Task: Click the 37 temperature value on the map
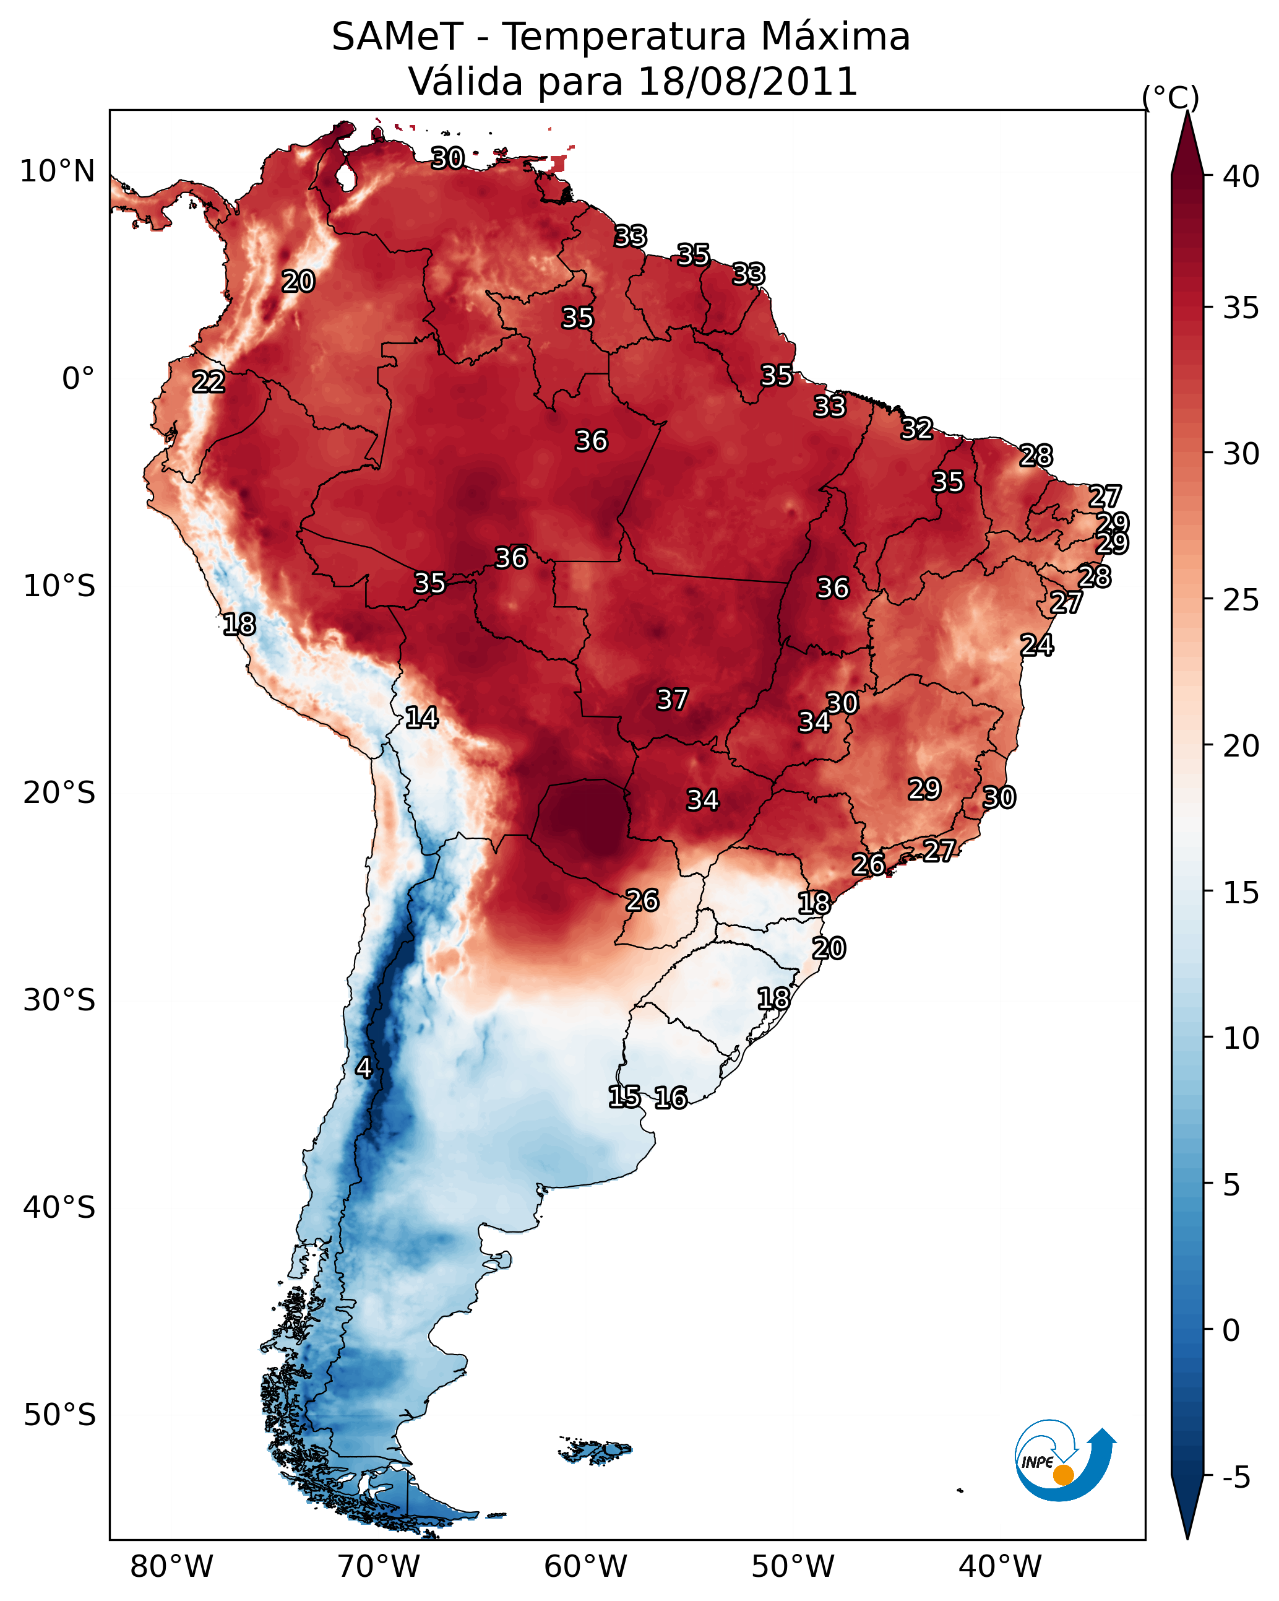pos(673,700)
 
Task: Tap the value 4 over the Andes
pos(363,1068)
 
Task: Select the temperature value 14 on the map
pos(421,718)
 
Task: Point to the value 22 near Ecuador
pos(209,382)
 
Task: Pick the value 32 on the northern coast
pos(917,428)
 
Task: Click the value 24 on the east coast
pos(1037,645)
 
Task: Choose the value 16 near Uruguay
pos(671,1098)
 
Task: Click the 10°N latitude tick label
pos(57,171)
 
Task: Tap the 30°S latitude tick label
pos(59,1000)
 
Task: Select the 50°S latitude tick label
pos(59,1415)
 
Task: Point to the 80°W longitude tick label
pos(171,1567)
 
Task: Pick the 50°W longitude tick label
pos(793,1567)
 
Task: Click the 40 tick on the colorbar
pos(1241,176)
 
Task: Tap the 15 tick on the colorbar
pos(1241,893)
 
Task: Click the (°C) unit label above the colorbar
pos(1171,97)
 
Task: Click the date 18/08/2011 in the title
pos(747,82)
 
